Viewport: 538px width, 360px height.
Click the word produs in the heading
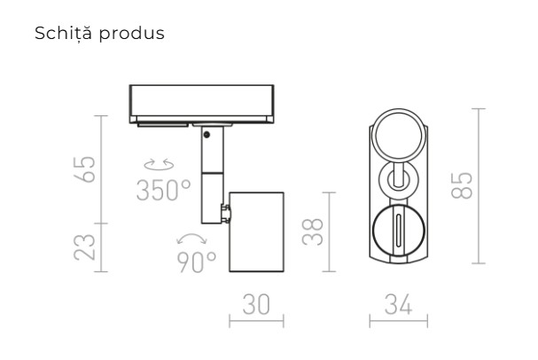[x=136, y=35]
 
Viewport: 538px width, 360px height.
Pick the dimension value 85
[x=460, y=185]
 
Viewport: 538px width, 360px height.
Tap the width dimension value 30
[x=256, y=303]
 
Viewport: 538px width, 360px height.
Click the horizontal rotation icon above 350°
[x=160, y=165]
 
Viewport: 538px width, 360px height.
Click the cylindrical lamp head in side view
[x=256, y=231]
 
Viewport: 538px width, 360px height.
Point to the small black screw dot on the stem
[x=206, y=136]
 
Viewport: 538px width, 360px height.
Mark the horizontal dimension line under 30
[x=256, y=320]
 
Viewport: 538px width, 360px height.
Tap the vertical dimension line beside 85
[x=480, y=185]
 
